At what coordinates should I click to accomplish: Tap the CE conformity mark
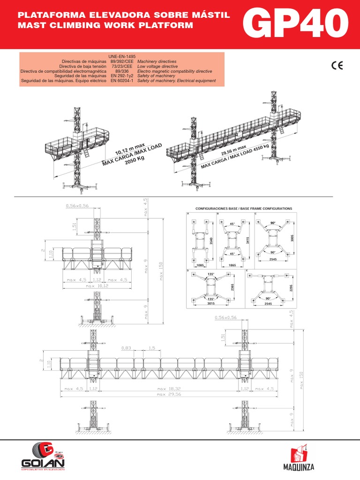click(x=337, y=66)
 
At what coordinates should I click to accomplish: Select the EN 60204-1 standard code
click(x=121, y=81)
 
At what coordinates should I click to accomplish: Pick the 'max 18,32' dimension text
click(x=168, y=389)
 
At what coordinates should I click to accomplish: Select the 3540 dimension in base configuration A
click(x=212, y=241)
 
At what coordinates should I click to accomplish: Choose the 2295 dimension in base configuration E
click(x=291, y=286)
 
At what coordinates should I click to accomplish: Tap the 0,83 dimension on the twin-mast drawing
click(x=126, y=348)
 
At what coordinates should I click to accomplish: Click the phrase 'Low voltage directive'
click(x=157, y=66)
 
